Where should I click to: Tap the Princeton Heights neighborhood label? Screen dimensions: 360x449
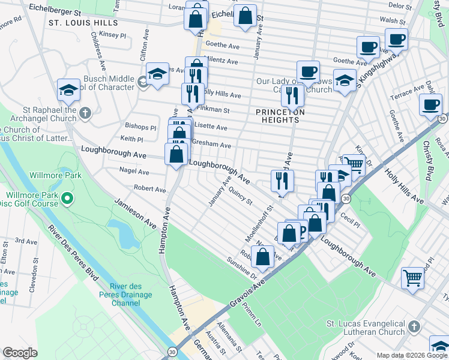[280, 116]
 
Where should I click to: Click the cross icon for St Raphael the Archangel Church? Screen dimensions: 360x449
[85, 112]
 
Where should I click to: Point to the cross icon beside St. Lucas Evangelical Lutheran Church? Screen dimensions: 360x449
[413, 328]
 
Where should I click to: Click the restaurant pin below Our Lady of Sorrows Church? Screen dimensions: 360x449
[292, 95]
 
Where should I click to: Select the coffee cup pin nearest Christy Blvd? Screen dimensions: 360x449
[430, 104]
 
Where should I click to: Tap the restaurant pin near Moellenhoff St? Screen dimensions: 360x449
[281, 179]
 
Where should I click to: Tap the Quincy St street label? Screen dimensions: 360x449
[240, 197]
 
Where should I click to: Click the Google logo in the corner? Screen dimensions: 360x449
[20, 353]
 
